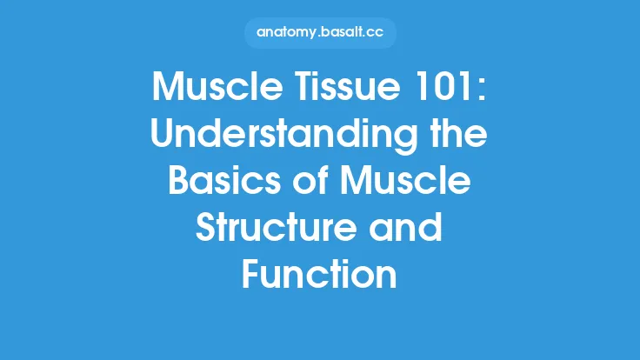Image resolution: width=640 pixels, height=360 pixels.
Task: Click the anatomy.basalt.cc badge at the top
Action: click(319, 33)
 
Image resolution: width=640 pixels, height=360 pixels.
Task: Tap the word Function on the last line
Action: click(319, 275)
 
